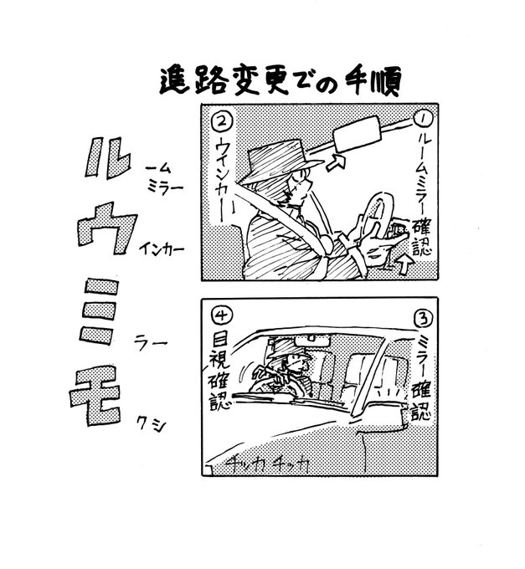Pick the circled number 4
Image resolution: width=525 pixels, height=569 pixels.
click(223, 315)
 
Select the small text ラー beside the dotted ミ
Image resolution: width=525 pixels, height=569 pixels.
click(153, 341)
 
